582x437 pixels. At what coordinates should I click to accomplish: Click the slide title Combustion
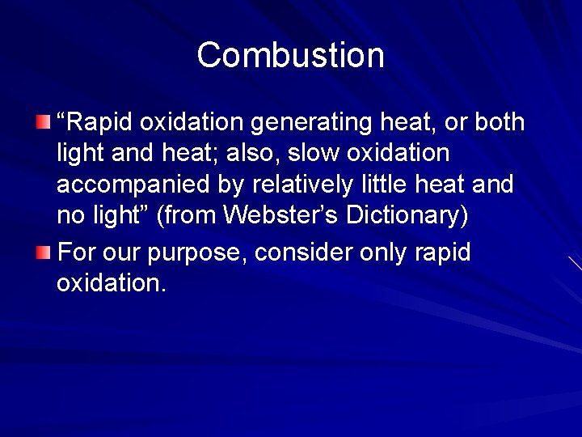[290, 55]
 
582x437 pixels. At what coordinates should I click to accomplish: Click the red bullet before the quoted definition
[43, 122]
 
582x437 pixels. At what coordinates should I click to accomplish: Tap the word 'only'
[384, 252]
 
